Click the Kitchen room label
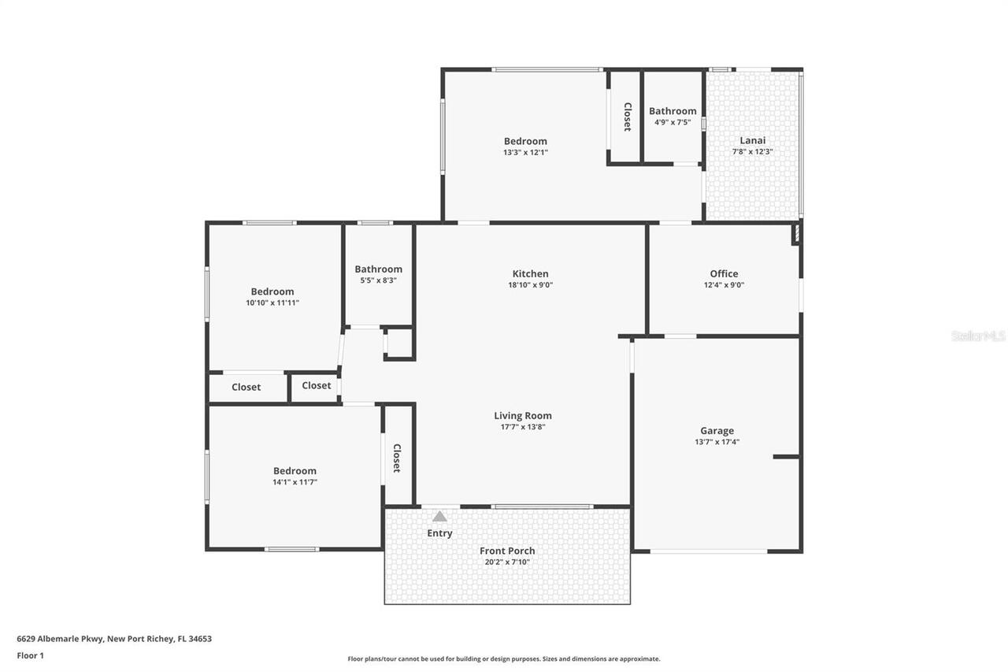tap(530, 274)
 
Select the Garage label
tap(717, 431)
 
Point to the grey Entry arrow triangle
tap(439, 517)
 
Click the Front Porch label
tap(507, 551)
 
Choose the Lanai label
tap(752, 140)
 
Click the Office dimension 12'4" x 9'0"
tap(724, 285)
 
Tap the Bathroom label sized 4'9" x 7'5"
tap(673, 111)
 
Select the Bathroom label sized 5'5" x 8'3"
tap(378, 269)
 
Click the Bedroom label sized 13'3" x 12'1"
tap(525, 141)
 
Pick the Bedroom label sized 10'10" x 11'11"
tap(272, 291)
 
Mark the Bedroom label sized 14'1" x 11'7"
tap(295, 471)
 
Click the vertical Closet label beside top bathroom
tap(628, 117)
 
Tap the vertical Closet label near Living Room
tap(397, 458)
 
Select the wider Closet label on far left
tap(246, 387)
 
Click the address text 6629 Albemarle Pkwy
tap(114, 639)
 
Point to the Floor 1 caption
tap(30, 655)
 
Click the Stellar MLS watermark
tap(978, 336)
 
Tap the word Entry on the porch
tap(439, 533)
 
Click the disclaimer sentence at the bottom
tap(504, 659)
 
